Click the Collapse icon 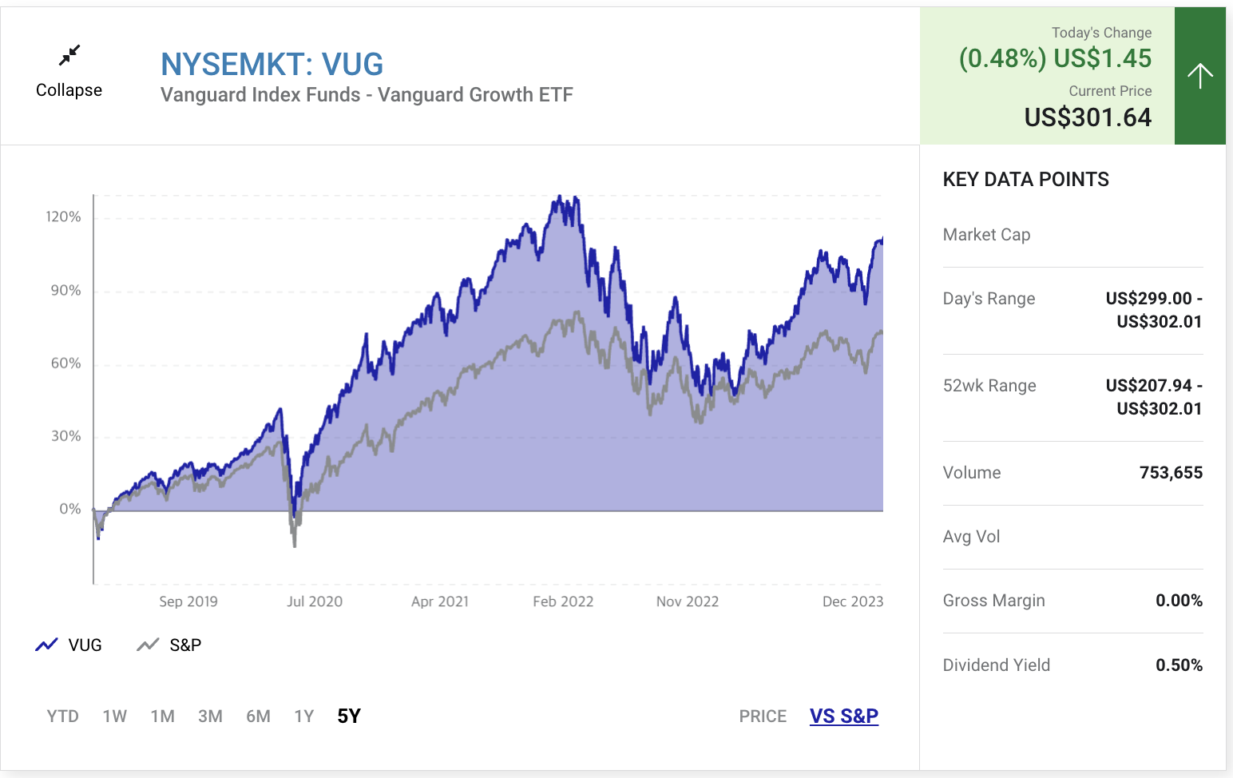[x=69, y=55]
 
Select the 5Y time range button [x=349, y=716]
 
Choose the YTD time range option [x=62, y=716]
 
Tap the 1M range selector [x=162, y=716]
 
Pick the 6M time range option [x=258, y=716]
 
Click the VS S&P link [x=843, y=716]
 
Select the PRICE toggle [x=763, y=716]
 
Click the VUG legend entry [x=69, y=645]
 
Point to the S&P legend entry [x=169, y=645]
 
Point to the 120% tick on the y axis [x=63, y=216]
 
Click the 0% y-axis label [x=70, y=509]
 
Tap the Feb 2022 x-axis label [x=563, y=601]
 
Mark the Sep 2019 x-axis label [x=188, y=601]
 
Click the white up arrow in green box [x=1199, y=76]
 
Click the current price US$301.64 [x=1088, y=117]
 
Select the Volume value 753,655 [x=1171, y=472]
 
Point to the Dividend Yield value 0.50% [x=1179, y=665]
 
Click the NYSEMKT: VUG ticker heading [x=272, y=64]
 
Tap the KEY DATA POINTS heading [x=1025, y=179]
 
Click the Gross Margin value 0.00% [x=1179, y=600]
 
